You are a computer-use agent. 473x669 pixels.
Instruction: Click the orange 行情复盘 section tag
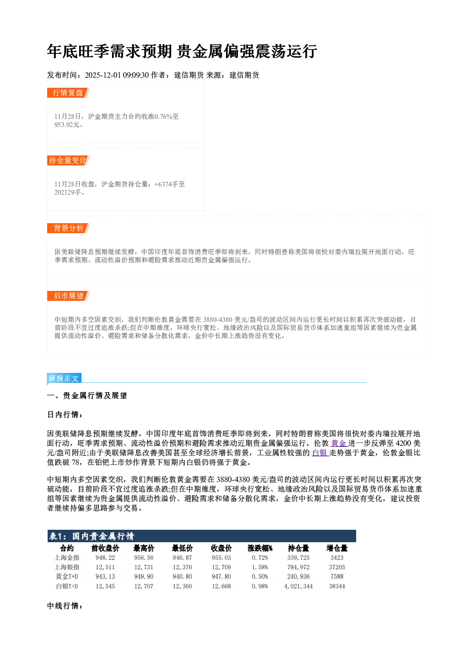[68, 93]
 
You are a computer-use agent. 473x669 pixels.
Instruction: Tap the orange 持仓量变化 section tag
[68, 160]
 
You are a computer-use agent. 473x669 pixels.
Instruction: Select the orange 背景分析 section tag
[68, 228]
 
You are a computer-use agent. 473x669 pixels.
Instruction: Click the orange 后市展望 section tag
[68, 296]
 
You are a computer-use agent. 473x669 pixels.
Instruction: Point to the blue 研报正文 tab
[64, 379]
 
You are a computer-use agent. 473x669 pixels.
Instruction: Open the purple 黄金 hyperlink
[339, 443]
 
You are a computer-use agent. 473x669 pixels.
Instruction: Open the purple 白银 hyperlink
[320, 453]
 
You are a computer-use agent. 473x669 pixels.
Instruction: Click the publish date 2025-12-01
[103, 75]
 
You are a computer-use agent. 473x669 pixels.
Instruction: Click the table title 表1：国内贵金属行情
[92, 536]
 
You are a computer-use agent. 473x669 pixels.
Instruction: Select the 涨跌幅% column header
[260, 548]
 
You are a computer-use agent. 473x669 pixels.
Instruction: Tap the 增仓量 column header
[337, 548]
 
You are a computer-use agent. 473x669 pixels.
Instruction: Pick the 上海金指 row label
[67, 557]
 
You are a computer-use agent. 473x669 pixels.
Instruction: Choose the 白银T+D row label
[67, 587]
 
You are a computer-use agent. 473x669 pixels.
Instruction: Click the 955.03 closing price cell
[221, 557]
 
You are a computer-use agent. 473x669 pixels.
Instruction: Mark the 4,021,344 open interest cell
[298, 587]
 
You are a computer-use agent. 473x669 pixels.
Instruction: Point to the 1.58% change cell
[260, 567]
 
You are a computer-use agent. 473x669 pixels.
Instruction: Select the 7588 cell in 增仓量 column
[337, 576]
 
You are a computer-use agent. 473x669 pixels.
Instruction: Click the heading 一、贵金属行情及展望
[87, 395]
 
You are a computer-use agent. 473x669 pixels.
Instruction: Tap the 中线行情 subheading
[64, 606]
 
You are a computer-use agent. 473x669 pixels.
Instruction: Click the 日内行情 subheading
[64, 414]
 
